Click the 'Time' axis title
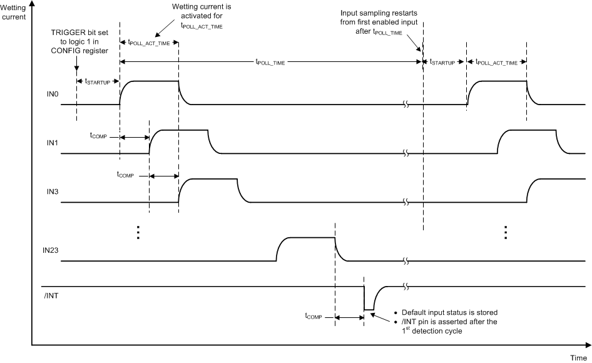click(578, 357)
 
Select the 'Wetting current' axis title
click(14, 11)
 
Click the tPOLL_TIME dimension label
click(269, 61)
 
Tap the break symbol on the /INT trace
click(406, 286)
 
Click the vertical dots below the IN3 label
click(138, 232)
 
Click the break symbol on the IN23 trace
click(406, 260)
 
